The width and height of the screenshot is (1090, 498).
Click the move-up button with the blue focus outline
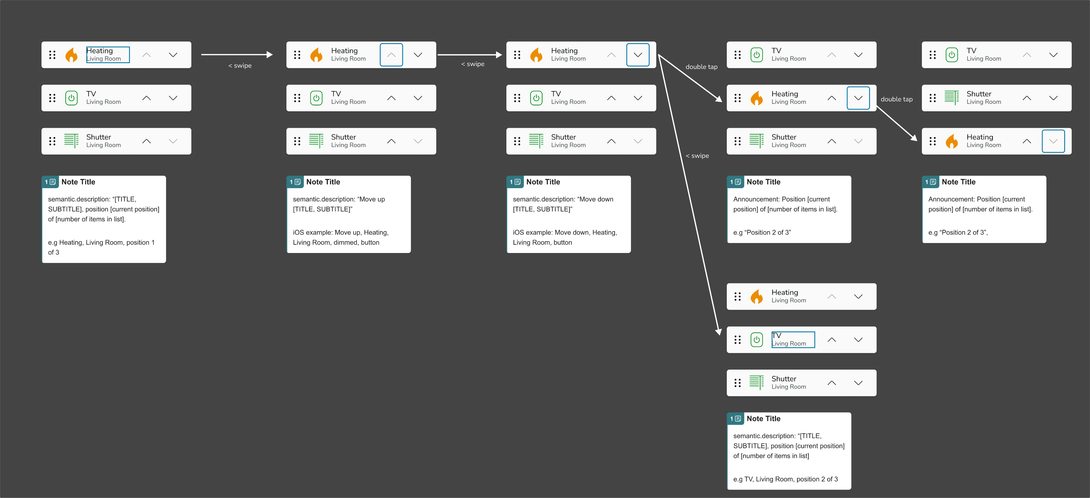coord(391,55)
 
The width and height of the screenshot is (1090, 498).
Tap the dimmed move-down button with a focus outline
coord(1053,141)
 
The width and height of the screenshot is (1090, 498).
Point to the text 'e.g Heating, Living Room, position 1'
coord(101,243)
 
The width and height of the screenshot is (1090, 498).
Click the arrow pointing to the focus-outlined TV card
coord(689,195)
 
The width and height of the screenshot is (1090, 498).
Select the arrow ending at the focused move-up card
coord(237,55)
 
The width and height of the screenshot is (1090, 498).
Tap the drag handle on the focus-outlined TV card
coord(737,340)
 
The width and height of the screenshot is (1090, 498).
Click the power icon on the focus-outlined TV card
coord(757,340)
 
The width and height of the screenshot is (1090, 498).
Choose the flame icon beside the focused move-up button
coord(316,55)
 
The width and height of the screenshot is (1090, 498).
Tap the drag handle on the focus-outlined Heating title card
coord(52,55)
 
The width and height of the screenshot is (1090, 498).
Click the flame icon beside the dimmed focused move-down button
coord(952,141)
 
